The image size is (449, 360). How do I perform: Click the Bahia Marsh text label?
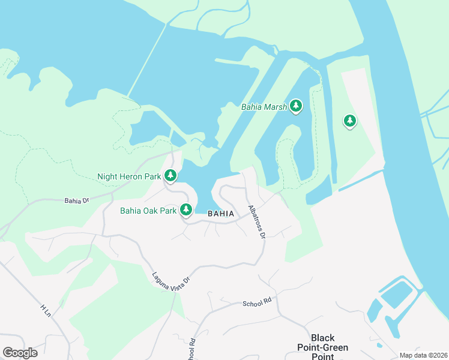click(264, 107)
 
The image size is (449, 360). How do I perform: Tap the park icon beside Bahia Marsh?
click(295, 106)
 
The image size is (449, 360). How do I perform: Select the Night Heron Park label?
click(129, 177)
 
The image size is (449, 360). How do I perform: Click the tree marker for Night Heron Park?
click(171, 175)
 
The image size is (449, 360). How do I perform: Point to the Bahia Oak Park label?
click(148, 211)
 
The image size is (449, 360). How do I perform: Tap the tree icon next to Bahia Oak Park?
click(187, 209)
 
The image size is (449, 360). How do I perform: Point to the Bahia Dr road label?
click(77, 200)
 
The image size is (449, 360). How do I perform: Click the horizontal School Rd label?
click(257, 304)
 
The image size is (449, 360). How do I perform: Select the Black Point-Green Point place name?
click(323, 343)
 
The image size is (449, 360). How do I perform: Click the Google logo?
click(20, 353)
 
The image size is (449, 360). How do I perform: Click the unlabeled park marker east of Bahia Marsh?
click(349, 121)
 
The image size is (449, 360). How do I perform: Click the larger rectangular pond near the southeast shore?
click(397, 295)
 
